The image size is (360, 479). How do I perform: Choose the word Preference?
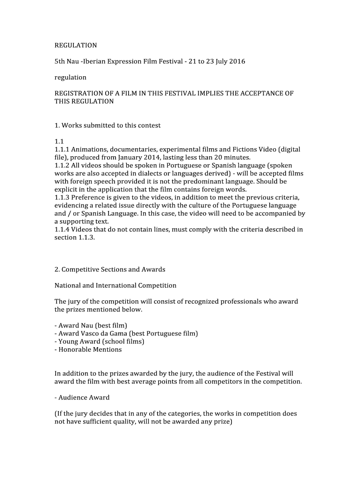[x=89, y=197]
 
